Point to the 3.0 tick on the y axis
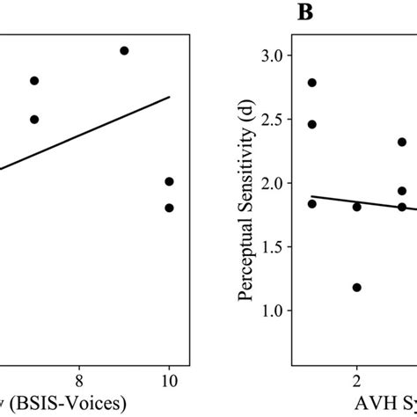(x=274, y=55)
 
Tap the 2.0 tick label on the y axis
(x=274, y=183)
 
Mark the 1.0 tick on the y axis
(x=274, y=311)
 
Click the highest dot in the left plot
(x=124, y=51)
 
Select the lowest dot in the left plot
(x=169, y=208)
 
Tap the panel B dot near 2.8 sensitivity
(x=311, y=83)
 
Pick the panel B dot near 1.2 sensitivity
(x=356, y=287)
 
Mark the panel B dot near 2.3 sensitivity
(x=401, y=142)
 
